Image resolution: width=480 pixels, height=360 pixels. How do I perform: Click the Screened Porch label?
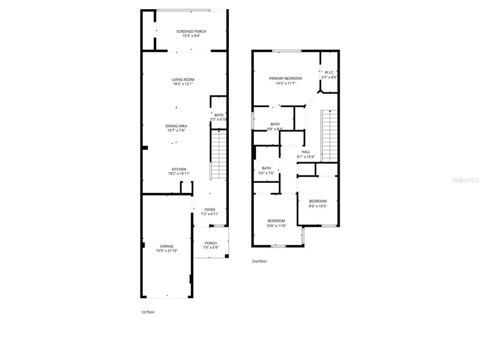(x=191, y=32)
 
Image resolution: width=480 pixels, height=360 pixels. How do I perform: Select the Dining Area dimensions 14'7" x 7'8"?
(x=176, y=130)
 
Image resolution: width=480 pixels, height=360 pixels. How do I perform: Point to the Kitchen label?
(x=179, y=169)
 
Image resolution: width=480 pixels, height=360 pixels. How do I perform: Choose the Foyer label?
(x=210, y=210)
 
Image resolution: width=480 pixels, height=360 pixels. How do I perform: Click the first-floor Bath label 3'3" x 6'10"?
(x=219, y=115)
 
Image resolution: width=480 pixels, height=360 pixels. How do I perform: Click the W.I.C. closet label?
(x=329, y=73)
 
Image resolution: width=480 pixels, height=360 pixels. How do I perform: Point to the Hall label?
(x=306, y=152)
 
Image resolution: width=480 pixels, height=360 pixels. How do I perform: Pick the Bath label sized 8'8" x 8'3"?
(x=275, y=124)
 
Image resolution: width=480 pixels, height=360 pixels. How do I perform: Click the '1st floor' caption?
(x=147, y=312)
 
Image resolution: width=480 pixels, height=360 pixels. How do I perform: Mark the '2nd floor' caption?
(x=259, y=261)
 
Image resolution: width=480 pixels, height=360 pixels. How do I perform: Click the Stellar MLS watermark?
(x=464, y=180)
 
